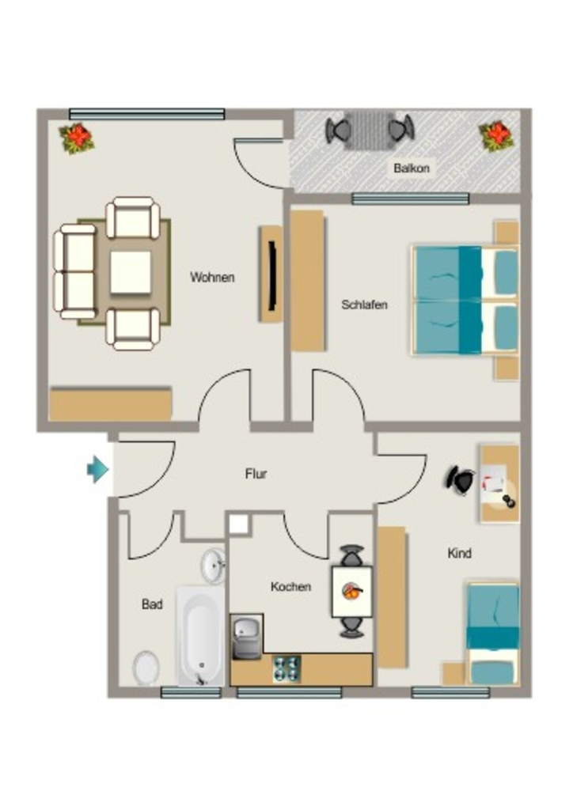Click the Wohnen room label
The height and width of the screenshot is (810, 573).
tap(212, 278)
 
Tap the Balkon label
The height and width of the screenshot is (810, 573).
tap(412, 168)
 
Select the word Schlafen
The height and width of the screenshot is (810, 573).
tap(364, 305)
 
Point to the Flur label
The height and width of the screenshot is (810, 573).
tap(256, 474)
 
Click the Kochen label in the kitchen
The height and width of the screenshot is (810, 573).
tap(291, 587)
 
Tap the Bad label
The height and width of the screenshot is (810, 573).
tap(152, 604)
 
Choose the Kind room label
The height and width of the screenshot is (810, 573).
tap(459, 553)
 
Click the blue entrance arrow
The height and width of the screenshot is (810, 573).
tap(97, 470)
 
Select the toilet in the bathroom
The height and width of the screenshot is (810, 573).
tap(146, 668)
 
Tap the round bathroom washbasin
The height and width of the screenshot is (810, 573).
tap(213, 566)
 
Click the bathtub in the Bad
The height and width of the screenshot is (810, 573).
tap(201, 636)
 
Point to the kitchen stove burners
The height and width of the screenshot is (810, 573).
tap(286, 669)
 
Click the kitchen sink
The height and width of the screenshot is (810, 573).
tap(247, 637)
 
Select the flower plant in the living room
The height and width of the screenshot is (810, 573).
tap(77, 138)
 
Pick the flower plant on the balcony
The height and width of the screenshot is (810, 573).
tap(496, 136)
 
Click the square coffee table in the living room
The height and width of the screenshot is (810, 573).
tap(131, 272)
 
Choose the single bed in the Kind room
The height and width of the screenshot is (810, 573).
tap(493, 634)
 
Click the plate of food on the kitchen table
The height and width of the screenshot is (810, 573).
tap(352, 592)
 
